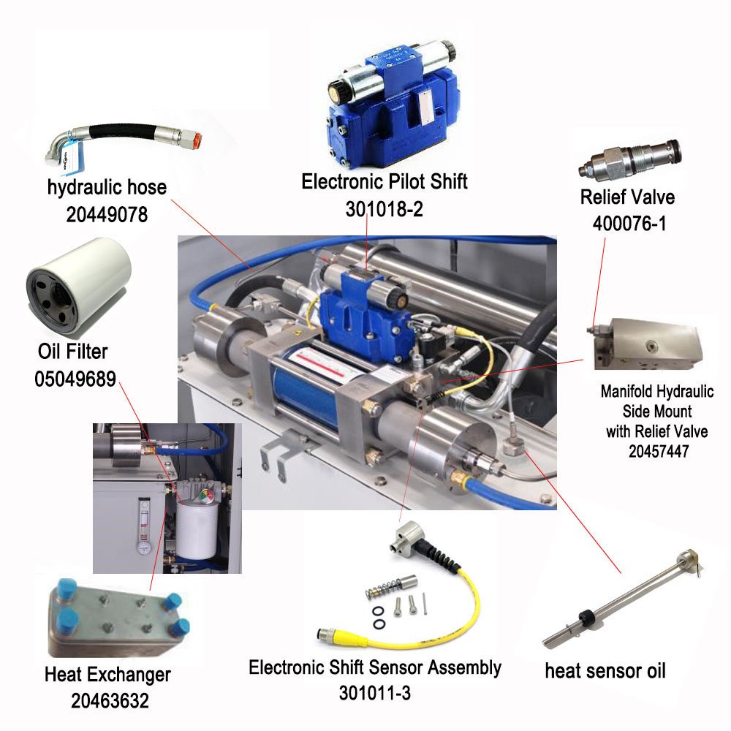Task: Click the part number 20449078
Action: pos(107,214)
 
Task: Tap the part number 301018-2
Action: pos(385,209)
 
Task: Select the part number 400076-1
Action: pos(629,223)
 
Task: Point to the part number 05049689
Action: pos(75,379)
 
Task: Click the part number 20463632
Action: pos(110,700)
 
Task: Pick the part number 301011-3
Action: pos(375,693)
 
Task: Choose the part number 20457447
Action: pos(659,451)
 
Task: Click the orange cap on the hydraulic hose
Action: pos(197,140)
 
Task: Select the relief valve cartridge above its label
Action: pos(630,159)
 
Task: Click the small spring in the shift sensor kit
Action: pos(382,589)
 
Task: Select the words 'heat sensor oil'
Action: pos(605,671)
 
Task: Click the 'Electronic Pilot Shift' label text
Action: pos(385,182)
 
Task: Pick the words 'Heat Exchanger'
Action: pos(107,674)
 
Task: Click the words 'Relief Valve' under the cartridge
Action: pos(627,197)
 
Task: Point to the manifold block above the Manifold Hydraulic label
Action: pos(645,344)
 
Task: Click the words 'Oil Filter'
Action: pos(72,352)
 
